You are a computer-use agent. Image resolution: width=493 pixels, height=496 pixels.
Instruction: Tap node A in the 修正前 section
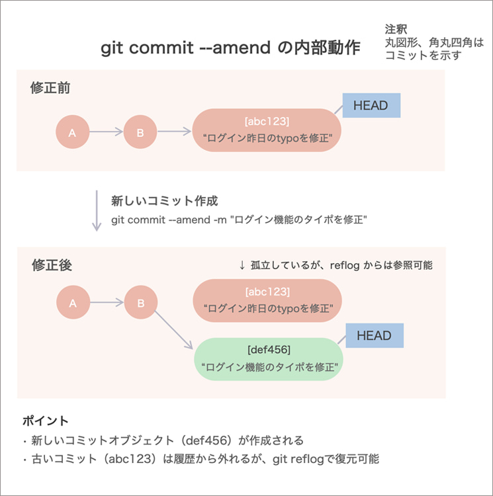click(72, 133)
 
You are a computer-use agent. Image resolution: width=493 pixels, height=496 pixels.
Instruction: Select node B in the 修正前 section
click(140, 133)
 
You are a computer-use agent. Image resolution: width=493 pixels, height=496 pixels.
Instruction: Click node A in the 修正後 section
click(73, 304)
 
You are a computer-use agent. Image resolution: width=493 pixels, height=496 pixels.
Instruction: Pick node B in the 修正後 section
click(141, 304)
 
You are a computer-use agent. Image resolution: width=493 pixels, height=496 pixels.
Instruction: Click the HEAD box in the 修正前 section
click(371, 106)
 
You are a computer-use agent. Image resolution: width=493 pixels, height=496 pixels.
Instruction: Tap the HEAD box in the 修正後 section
click(374, 336)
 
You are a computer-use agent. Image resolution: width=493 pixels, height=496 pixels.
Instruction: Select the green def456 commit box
click(268, 357)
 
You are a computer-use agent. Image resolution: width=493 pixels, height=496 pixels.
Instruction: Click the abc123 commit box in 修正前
click(266, 130)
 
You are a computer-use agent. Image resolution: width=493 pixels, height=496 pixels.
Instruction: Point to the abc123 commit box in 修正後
click(266, 300)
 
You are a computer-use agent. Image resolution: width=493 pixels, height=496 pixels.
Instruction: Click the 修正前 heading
click(50, 88)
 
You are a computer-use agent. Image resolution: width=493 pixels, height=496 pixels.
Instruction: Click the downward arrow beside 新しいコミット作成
click(97, 211)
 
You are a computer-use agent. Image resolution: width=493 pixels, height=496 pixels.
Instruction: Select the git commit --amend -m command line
click(239, 220)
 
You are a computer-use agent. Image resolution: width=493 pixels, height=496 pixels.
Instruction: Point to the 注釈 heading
click(396, 30)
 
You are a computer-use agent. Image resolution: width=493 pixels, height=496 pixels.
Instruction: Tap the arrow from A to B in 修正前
click(106, 133)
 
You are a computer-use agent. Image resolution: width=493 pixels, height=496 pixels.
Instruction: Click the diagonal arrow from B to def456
click(173, 329)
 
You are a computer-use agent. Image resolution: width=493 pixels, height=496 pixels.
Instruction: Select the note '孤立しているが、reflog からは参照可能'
click(336, 265)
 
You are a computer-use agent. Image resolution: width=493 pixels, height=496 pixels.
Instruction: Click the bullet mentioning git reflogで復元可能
click(201, 458)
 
